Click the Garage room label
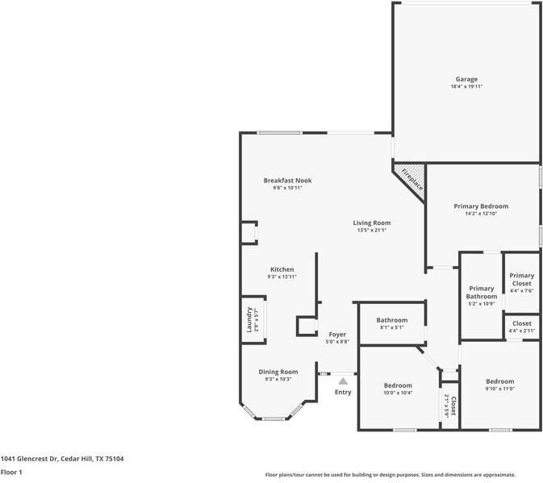click(x=466, y=79)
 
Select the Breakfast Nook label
click(x=287, y=181)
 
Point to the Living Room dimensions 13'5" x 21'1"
click(x=372, y=230)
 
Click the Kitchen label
click(x=282, y=269)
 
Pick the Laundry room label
click(x=249, y=319)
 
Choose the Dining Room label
click(x=278, y=372)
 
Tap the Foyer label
click(x=337, y=334)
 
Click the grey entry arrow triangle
click(x=343, y=381)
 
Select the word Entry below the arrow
click(x=343, y=392)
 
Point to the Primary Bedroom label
click(x=481, y=206)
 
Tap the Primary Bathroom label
click(x=482, y=293)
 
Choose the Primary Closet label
click(x=521, y=279)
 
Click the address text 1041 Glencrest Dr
click(x=29, y=459)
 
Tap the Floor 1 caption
click(x=11, y=472)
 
